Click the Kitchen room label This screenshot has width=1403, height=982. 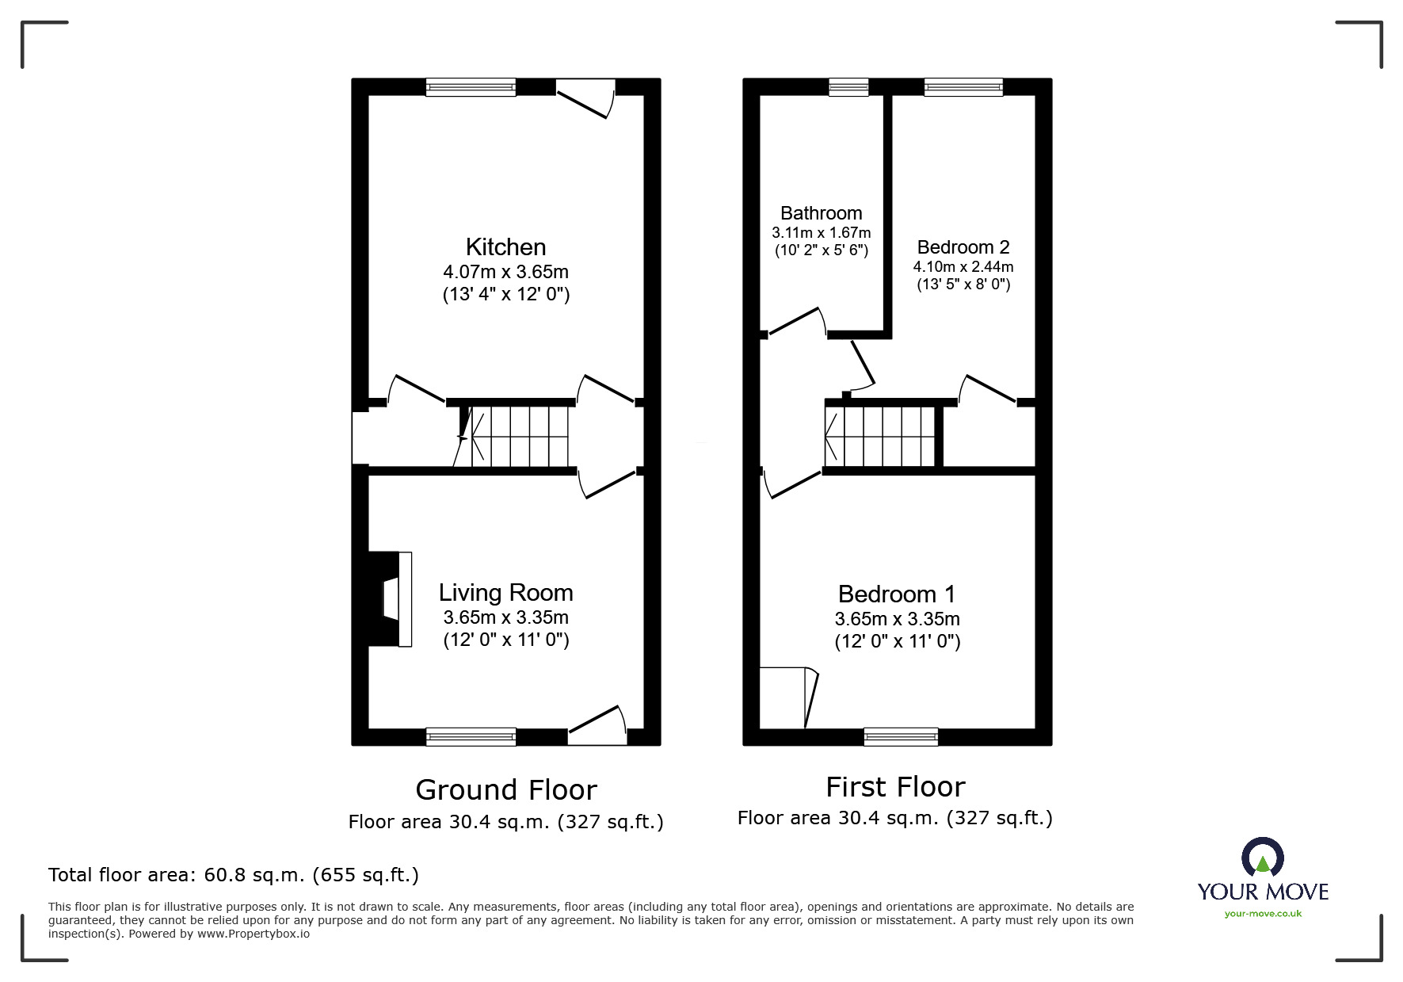505,246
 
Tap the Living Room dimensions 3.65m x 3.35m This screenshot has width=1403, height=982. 505,617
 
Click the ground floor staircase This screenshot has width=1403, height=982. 520,437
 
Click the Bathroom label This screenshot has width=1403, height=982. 821,213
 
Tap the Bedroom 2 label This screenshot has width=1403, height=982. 963,247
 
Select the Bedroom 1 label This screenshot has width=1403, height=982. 897,594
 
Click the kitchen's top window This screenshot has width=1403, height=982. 471,87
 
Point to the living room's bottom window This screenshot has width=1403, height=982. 471,737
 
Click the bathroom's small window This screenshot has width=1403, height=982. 848,87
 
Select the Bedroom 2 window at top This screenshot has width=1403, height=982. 963,87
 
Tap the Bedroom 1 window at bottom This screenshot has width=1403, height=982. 901,737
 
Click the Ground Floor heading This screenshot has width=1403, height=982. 505,789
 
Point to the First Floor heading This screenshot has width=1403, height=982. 895,787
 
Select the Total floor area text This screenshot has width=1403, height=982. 234,875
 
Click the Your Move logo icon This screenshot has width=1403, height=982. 1262,858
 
